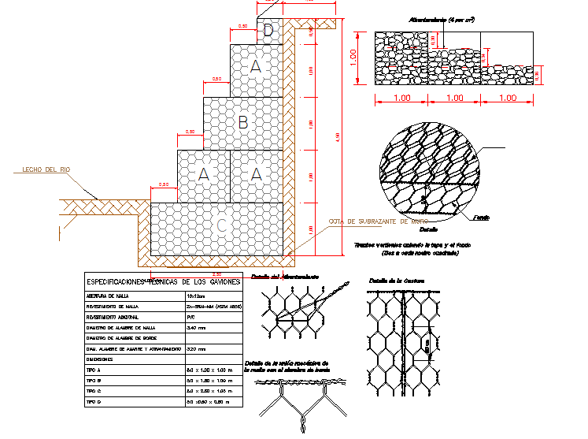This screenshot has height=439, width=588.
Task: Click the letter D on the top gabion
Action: (268, 31)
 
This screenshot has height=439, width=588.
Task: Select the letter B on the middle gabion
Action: (243, 122)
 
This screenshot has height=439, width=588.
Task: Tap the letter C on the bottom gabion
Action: (222, 226)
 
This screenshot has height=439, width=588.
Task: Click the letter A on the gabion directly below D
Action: (255, 69)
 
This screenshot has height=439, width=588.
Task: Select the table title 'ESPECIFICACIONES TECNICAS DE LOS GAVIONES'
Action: (164, 281)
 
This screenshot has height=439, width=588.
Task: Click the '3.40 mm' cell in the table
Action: (196, 326)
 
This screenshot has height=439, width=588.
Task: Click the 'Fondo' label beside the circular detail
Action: (482, 218)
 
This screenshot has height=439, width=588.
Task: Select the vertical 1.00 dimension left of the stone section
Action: (354, 57)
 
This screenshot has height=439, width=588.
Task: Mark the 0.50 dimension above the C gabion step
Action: (164, 184)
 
